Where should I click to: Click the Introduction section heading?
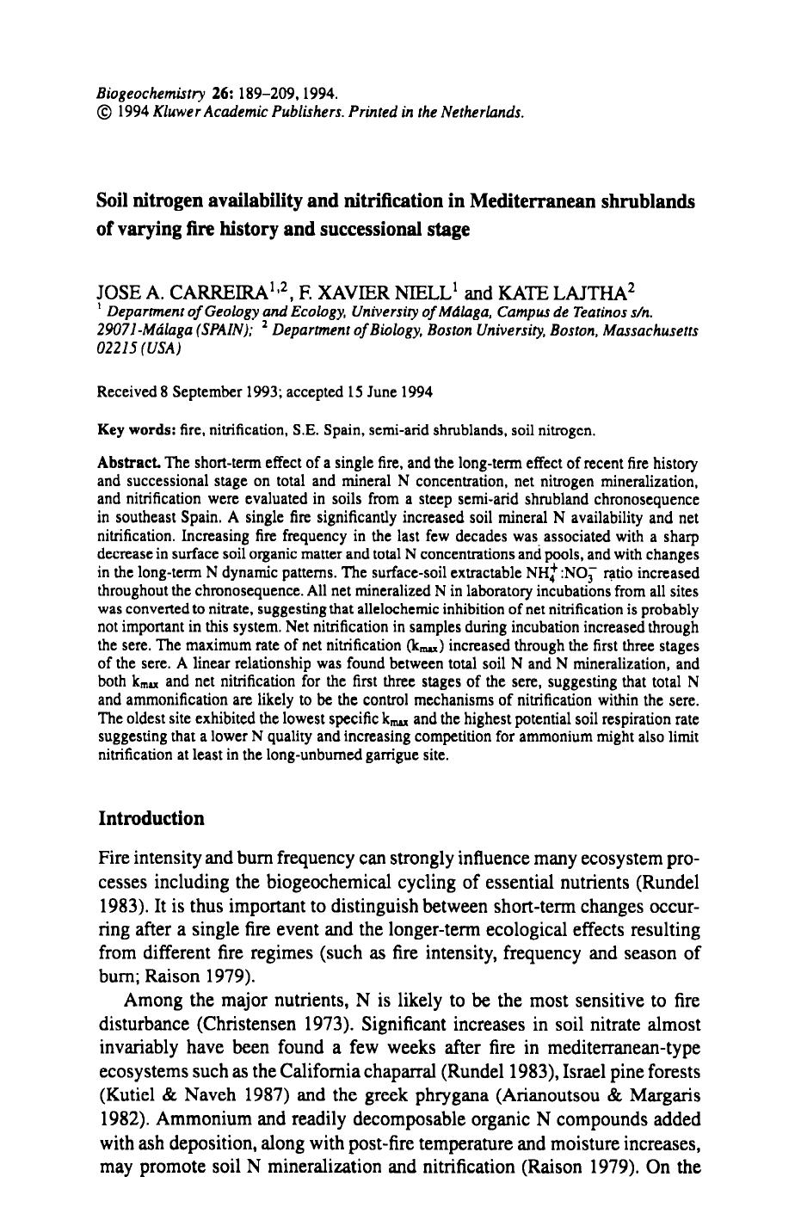pyautogui.click(x=151, y=818)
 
